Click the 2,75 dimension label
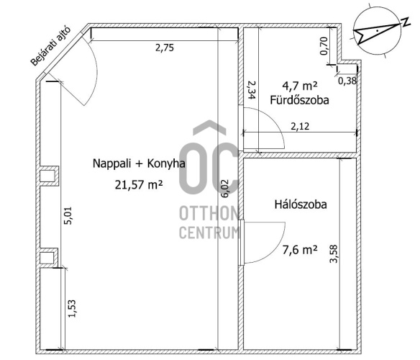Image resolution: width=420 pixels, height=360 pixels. point(165,48)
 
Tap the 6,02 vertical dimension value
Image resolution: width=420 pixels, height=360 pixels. point(224,189)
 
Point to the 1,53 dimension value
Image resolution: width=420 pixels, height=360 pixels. point(72,308)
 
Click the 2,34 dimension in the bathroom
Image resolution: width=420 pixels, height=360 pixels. point(252,90)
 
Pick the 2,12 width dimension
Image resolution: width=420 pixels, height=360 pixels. point(300,126)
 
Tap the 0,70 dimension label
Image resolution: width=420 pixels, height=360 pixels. point(324,46)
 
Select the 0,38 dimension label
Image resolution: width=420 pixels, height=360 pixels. point(347,81)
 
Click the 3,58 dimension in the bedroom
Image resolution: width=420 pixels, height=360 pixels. point(334,254)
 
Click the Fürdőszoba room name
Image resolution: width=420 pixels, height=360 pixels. point(299,100)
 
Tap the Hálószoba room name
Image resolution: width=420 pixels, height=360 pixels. point(301,204)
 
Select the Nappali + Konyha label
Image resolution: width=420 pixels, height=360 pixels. point(139,163)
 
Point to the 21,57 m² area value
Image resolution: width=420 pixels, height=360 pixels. point(139,185)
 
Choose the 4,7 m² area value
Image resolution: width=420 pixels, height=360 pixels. point(300,86)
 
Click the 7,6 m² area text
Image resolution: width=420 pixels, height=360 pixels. point(300,250)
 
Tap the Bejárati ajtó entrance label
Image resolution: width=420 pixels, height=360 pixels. point(50,46)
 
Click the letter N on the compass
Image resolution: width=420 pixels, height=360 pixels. point(406,22)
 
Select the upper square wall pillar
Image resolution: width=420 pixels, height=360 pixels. point(49,176)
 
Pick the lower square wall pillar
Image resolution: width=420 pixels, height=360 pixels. point(49,258)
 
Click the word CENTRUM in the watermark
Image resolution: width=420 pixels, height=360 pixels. point(209,233)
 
